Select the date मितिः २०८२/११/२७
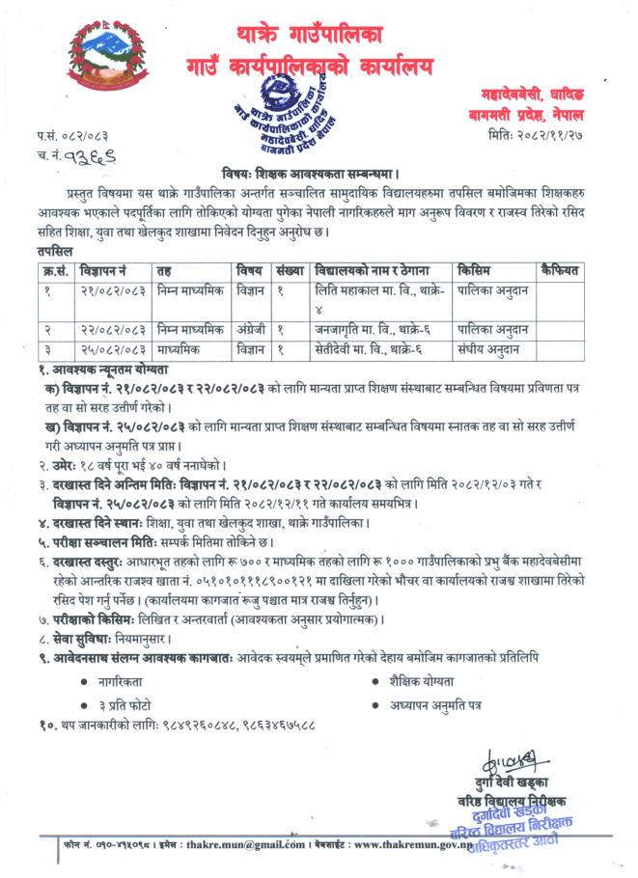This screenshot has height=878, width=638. tap(547, 136)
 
